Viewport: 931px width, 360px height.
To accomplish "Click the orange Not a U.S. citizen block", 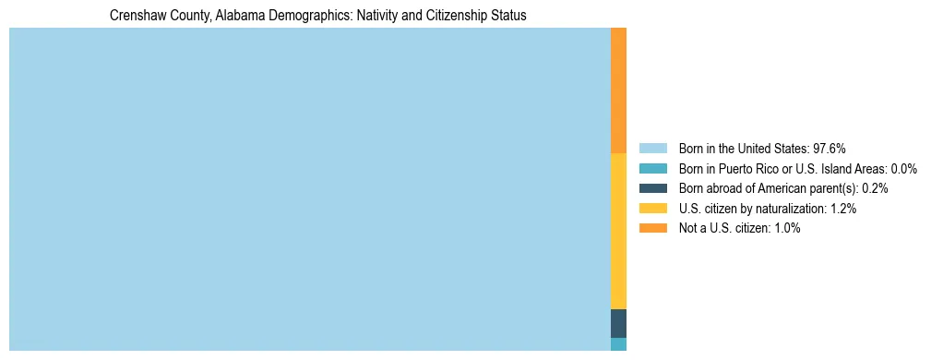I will click(x=618, y=90).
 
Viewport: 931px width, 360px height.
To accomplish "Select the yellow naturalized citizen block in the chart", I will click(x=618, y=231).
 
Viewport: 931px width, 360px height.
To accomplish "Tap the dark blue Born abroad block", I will click(x=618, y=323).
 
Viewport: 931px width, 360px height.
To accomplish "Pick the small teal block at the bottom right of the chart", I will click(x=618, y=344).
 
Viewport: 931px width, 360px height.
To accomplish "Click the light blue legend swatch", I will click(x=652, y=148).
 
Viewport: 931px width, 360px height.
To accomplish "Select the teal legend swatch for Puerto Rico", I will click(x=652, y=168).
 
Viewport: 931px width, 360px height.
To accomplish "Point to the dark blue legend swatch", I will click(x=652, y=188).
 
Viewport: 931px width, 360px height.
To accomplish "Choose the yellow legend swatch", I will click(x=652, y=209).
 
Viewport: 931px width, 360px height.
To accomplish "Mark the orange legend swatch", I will click(x=652, y=228).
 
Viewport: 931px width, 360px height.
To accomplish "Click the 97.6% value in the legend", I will click(x=830, y=148).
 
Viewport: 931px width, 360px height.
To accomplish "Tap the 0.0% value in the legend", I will click(x=904, y=168).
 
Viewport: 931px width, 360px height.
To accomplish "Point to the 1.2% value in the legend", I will click(x=843, y=209).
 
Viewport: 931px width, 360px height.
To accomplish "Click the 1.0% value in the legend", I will click(x=786, y=228).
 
